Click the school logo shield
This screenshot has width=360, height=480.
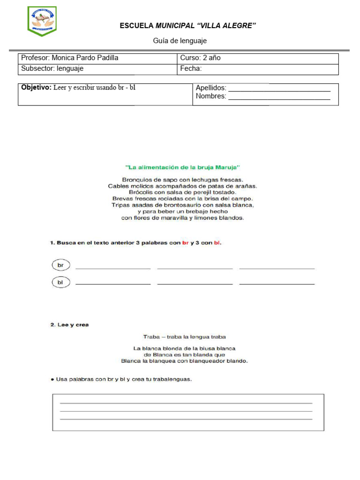[x=42, y=21]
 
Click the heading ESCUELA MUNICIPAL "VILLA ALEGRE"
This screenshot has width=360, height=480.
[x=187, y=26]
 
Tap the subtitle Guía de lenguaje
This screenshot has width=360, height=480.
[x=180, y=41]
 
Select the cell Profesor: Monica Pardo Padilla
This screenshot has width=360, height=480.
[x=70, y=58]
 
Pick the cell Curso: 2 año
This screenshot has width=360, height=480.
[x=200, y=58]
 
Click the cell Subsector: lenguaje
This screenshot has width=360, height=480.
[x=52, y=68]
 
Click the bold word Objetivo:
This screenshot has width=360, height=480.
[x=36, y=88]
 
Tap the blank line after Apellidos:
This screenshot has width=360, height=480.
[x=279, y=90]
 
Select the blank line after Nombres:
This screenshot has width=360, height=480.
[x=279, y=98]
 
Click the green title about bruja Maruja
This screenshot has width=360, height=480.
[x=183, y=166]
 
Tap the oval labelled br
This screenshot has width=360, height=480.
[x=60, y=265]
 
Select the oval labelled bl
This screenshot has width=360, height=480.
[x=60, y=282]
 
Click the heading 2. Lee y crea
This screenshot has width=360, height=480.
[x=69, y=324]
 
